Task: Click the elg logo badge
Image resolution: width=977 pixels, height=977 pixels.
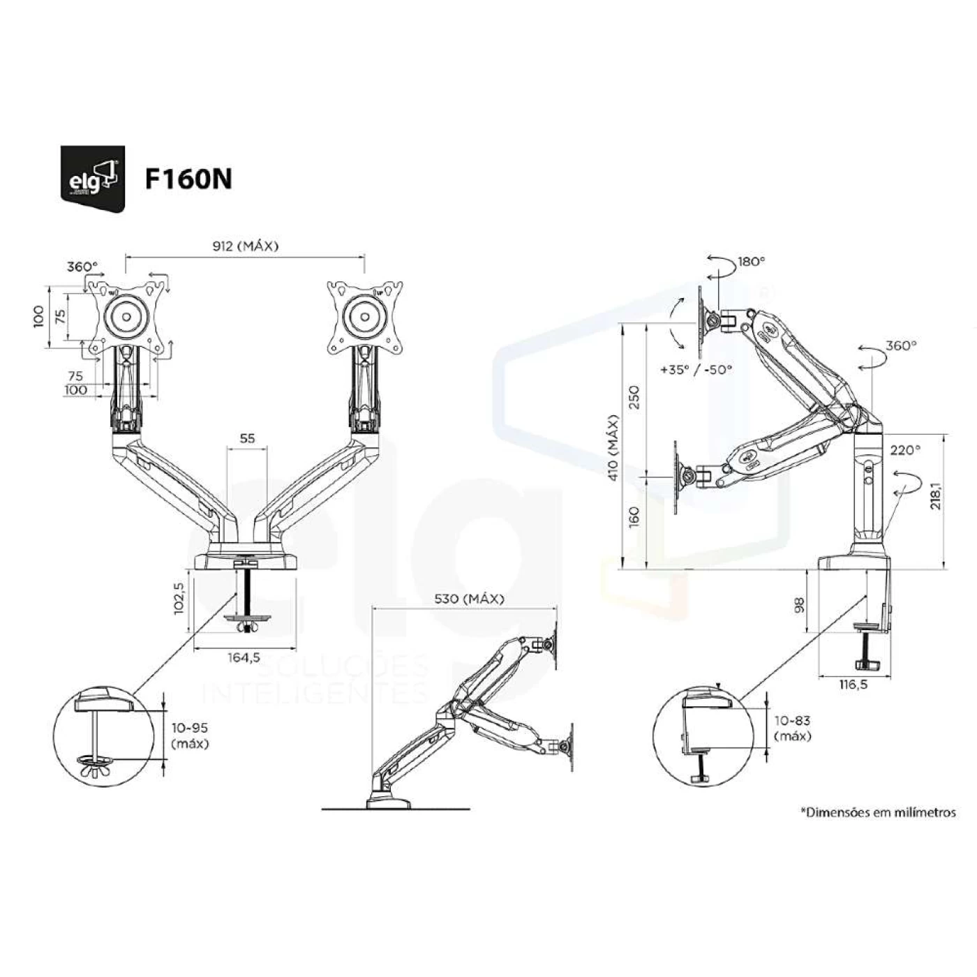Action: (x=93, y=178)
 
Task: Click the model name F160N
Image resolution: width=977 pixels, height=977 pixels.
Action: (x=188, y=179)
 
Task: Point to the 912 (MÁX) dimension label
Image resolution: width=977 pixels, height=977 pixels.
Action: (x=245, y=246)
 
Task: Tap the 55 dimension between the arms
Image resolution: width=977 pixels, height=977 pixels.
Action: (x=247, y=439)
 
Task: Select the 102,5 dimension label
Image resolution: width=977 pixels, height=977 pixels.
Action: (x=179, y=597)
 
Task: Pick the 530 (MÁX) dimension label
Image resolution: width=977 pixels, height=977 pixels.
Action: (x=469, y=599)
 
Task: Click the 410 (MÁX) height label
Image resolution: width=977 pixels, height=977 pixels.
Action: (x=613, y=447)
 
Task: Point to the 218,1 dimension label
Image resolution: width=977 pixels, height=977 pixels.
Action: (x=935, y=487)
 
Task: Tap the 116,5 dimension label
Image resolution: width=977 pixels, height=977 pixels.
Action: (x=853, y=685)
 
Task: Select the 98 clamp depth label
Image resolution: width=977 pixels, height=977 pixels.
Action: (x=800, y=604)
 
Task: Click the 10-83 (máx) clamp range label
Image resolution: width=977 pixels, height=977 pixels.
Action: (x=793, y=728)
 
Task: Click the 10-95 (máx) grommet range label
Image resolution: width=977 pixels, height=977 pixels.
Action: (x=190, y=736)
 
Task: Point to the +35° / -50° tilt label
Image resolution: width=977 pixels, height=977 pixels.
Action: (x=696, y=370)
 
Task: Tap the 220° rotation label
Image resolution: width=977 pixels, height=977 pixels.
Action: (x=905, y=450)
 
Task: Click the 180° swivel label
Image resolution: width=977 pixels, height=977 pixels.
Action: (x=752, y=262)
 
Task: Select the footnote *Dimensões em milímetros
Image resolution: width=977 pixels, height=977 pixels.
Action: (x=878, y=812)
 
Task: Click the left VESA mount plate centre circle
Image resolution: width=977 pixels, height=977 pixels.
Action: (x=127, y=317)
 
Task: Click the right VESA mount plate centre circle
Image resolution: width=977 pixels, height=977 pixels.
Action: (x=365, y=317)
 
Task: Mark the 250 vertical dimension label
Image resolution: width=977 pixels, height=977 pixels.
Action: (x=634, y=398)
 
